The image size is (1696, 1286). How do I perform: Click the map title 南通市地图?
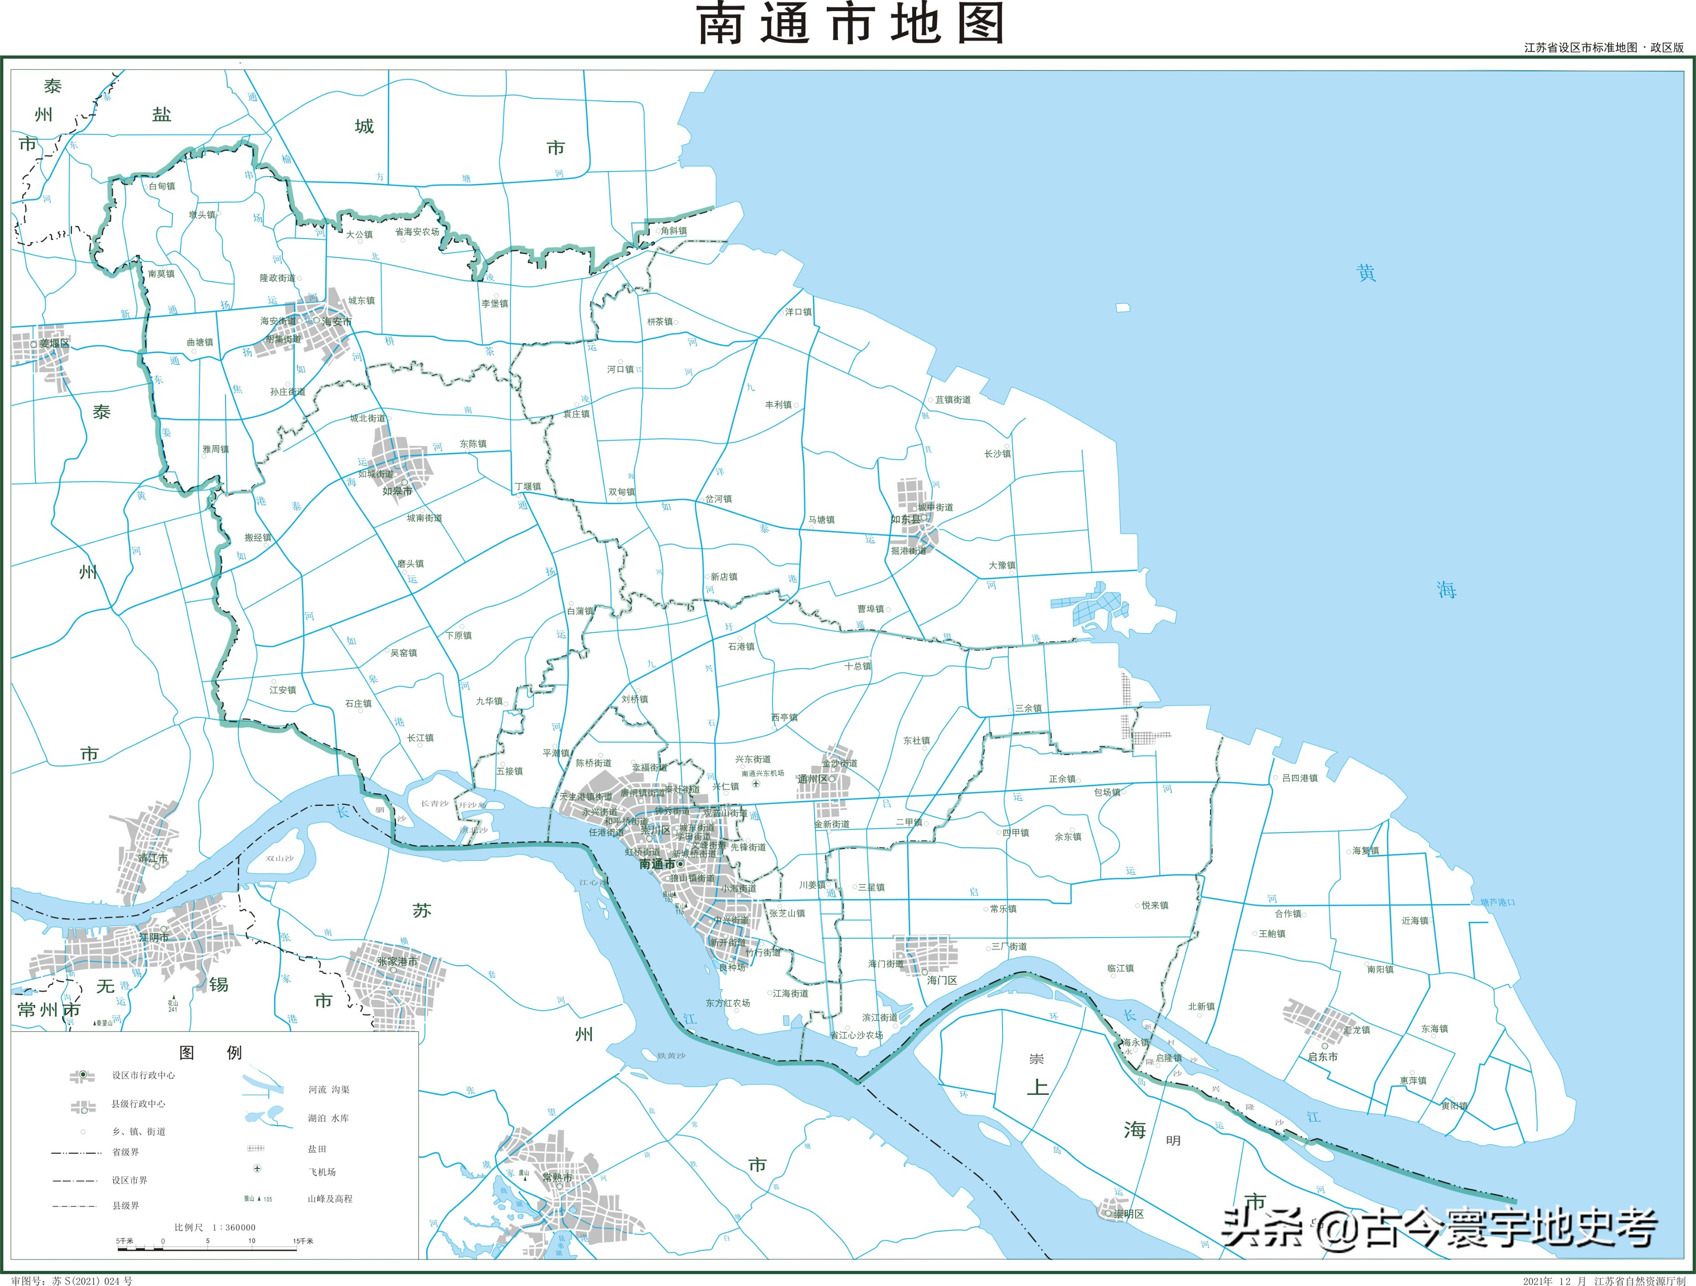pyautogui.click(x=850, y=25)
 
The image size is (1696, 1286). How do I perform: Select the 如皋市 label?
pyautogui.click(x=397, y=491)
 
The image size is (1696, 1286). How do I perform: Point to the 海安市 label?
pyautogui.click(x=337, y=322)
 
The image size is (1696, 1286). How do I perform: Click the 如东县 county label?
pyautogui.click(x=906, y=520)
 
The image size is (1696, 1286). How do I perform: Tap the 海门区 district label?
pyautogui.click(x=942, y=980)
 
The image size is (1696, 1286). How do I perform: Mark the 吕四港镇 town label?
pyautogui.click(x=1299, y=778)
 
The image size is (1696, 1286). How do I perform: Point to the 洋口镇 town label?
pyautogui.click(x=798, y=312)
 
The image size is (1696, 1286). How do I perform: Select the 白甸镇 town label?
pyautogui.click(x=162, y=186)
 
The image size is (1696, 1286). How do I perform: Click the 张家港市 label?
pyautogui.click(x=397, y=961)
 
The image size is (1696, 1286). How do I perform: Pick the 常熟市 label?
pyautogui.click(x=557, y=1177)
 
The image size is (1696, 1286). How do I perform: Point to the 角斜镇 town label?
pyautogui.click(x=674, y=231)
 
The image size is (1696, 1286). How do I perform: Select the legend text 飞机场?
pyautogui.click(x=322, y=1172)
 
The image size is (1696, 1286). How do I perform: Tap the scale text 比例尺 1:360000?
pyautogui.click(x=215, y=1227)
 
